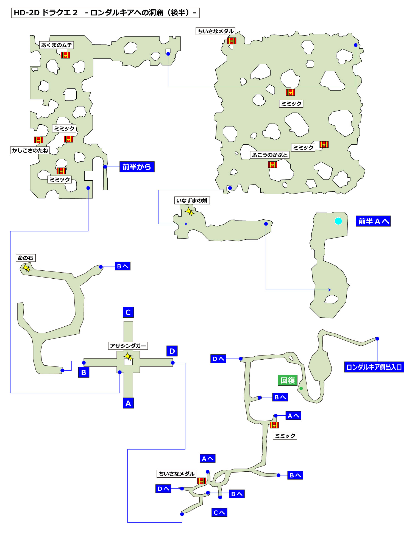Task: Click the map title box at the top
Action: pos(105,13)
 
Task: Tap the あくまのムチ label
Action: pos(57,45)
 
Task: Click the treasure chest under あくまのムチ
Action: pos(65,55)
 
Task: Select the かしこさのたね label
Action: pos(30,150)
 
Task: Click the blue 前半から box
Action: pos(137,167)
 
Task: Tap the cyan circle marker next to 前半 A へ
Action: pos(338,221)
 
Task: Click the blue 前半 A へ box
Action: pos(373,221)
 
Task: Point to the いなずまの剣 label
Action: pos(192,200)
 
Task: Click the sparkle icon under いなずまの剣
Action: pos(190,212)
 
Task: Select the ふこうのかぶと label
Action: pos(269,155)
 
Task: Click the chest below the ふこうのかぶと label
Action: pos(272,164)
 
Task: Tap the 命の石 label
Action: pos(26,258)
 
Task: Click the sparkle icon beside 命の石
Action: pos(26,268)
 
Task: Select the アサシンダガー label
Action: pos(128,346)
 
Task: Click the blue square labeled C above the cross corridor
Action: pos(128,312)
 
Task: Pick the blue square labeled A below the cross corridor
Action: pos(128,403)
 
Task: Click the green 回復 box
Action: pos(288,380)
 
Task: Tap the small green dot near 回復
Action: pos(301,388)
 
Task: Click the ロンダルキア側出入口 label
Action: pos(374,367)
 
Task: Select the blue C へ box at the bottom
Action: pos(219,512)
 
